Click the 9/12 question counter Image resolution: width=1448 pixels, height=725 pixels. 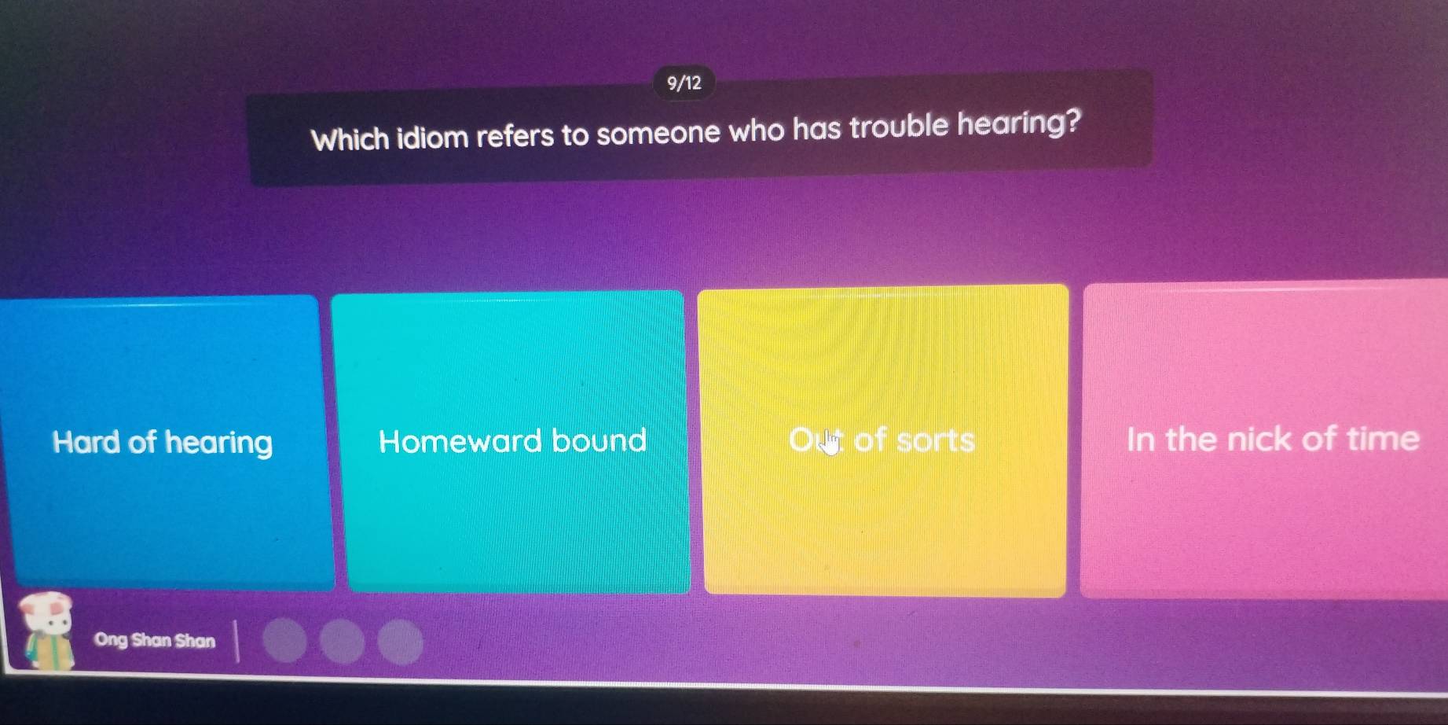coord(684,83)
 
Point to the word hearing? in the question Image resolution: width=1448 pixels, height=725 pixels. coord(1018,123)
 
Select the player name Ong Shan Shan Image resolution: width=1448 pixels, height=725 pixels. coord(154,640)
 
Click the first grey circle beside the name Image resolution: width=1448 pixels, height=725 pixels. coord(284,640)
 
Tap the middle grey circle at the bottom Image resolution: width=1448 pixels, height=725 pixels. coord(343,642)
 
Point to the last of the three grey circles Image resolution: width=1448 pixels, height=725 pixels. coord(400,642)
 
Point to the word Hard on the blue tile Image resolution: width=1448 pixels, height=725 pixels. coord(86,442)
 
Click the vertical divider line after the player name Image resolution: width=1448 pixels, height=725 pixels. coord(236,640)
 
